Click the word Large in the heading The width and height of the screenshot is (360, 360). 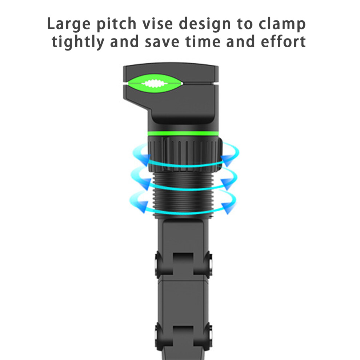[x=69, y=24]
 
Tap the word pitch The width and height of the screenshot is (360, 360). [x=117, y=24]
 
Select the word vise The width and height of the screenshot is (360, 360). [x=157, y=23]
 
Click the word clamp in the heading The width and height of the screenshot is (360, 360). [x=282, y=24]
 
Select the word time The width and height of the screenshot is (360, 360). [x=203, y=41]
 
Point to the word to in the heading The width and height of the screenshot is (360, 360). [x=245, y=24]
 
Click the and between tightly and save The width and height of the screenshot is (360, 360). [x=124, y=41]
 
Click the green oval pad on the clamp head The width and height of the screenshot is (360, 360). [x=155, y=84]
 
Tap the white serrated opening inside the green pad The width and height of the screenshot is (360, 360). [x=155, y=84]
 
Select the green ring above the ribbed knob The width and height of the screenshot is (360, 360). [x=183, y=134]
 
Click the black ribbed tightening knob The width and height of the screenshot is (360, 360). [x=185, y=154]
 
